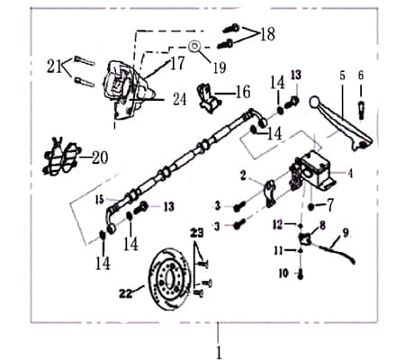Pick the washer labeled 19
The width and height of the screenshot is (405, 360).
(x=193, y=44)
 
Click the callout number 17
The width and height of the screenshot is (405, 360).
(x=177, y=64)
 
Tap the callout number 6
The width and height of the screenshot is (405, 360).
(x=361, y=76)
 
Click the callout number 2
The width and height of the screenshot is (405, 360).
(x=244, y=174)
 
